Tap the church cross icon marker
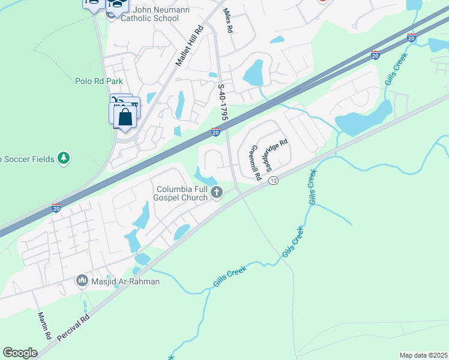click(x=217, y=193)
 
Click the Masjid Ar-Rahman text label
click(x=118, y=281)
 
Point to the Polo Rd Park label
click(x=99, y=80)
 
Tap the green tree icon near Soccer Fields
click(x=63, y=158)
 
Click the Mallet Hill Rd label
click(x=189, y=46)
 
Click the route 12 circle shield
click(x=273, y=181)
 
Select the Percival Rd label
click(x=73, y=327)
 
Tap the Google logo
click(x=20, y=353)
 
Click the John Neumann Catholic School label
click(x=149, y=14)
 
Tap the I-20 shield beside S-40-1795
click(x=215, y=131)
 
